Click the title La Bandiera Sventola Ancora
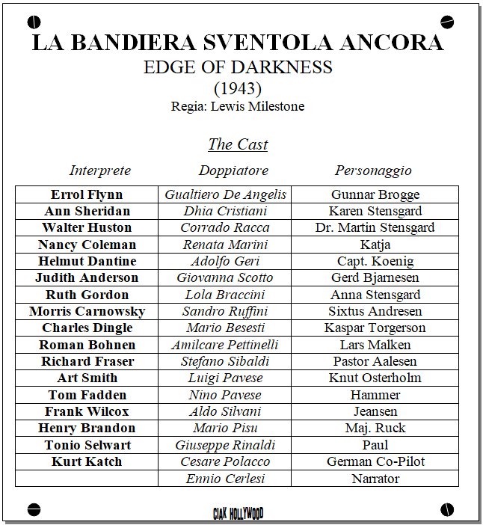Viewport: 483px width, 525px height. pos(238,42)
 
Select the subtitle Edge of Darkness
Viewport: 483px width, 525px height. pos(238,67)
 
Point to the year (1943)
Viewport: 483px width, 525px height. pos(238,88)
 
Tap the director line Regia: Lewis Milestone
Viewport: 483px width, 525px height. pos(238,106)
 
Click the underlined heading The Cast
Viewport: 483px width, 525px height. pos(238,144)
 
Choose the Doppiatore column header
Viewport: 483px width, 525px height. pos(233,171)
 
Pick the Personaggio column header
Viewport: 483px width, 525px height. pos(373,171)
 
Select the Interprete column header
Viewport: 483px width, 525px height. pos(100,171)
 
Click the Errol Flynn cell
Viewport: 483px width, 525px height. pos(87,194)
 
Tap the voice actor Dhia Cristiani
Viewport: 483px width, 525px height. pos(225,211)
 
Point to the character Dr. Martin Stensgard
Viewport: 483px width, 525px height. pos(375,227)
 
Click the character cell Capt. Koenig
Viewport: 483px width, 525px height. pos(375,261)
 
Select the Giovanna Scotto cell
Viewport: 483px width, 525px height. pos(225,277)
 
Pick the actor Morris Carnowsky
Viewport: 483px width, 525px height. pos(87,311)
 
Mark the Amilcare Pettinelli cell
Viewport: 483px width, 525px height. pos(225,345)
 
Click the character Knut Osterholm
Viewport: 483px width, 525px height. pos(375,378)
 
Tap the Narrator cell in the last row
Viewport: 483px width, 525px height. pos(375,479)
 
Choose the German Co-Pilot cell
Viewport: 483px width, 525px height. pos(375,461)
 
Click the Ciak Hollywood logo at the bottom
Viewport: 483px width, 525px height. pos(238,513)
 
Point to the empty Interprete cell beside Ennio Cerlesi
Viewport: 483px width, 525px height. pos(87,479)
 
